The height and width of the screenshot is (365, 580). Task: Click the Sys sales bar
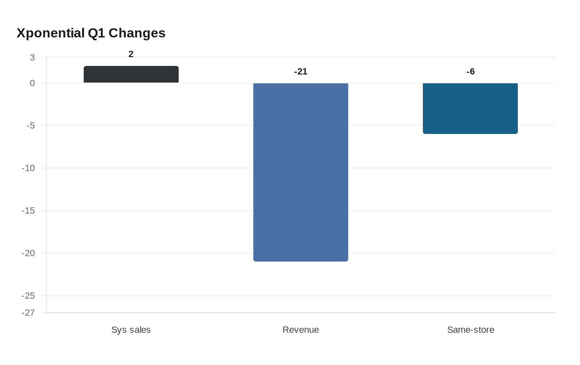(x=131, y=74)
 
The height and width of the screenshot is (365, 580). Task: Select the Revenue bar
(x=301, y=173)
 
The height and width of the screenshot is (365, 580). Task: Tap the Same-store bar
(x=470, y=109)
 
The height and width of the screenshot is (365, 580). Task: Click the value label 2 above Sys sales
(x=131, y=54)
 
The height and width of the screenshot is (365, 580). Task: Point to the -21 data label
(x=301, y=71)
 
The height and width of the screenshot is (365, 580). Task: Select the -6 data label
(x=471, y=71)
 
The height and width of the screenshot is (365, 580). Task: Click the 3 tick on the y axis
(x=32, y=58)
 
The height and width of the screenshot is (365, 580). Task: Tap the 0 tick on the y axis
(x=32, y=83)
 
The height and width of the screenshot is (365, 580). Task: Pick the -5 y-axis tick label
(x=31, y=125)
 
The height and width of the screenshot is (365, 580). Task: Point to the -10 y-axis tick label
(x=28, y=168)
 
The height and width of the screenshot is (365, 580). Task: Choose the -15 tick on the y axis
(x=28, y=211)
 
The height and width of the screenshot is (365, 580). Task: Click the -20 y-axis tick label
(x=28, y=253)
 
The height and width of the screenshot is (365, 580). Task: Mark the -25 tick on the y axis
(x=28, y=296)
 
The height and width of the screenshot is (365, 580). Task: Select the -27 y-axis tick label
(x=28, y=313)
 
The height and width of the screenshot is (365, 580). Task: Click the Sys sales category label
(x=131, y=330)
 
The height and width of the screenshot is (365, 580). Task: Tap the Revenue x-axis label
(x=301, y=330)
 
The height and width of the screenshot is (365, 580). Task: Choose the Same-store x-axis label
(x=471, y=330)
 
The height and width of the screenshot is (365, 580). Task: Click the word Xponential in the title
(x=51, y=34)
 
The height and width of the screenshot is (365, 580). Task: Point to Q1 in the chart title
(x=96, y=33)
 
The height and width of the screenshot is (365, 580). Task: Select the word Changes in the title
(x=137, y=34)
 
